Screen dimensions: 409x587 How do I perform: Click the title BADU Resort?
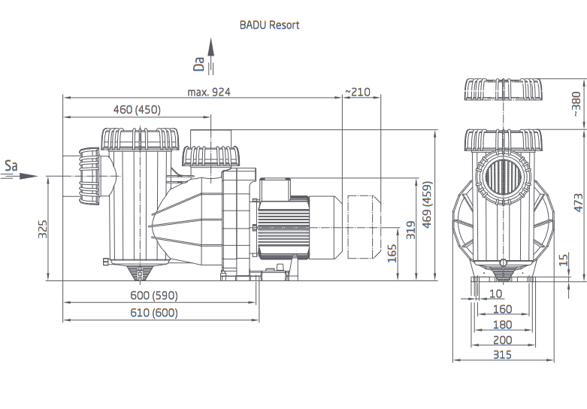click(x=269, y=25)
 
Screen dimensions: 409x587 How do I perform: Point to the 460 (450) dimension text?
click(x=137, y=110)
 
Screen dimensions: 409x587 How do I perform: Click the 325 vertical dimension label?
click(x=43, y=229)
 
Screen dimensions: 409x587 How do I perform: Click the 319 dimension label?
click(x=410, y=229)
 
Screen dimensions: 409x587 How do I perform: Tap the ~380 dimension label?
click(x=576, y=104)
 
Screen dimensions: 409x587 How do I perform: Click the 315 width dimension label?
click(x=501, y=354)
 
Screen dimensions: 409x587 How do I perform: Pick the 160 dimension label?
click(x=501, y=309)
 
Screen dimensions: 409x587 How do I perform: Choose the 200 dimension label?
click(x=501, y=340)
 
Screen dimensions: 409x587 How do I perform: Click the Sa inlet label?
click(x=11, y=165)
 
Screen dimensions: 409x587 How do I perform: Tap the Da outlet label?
click(x=199, y=63)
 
